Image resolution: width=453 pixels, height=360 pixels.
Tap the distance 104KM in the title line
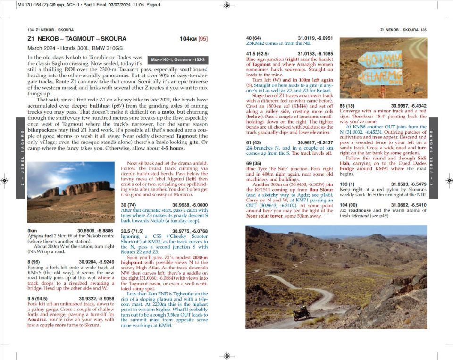[188, 39]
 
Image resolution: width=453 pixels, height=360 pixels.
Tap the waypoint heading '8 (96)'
[36, 261]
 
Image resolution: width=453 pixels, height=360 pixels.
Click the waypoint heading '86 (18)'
[348, 106]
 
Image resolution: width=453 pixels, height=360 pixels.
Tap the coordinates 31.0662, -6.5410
[409, 205]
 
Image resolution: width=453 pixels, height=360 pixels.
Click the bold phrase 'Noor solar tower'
[266, 216]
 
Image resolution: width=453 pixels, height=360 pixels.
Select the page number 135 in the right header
[423, 30]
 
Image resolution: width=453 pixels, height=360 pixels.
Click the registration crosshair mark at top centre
[227, 5]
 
